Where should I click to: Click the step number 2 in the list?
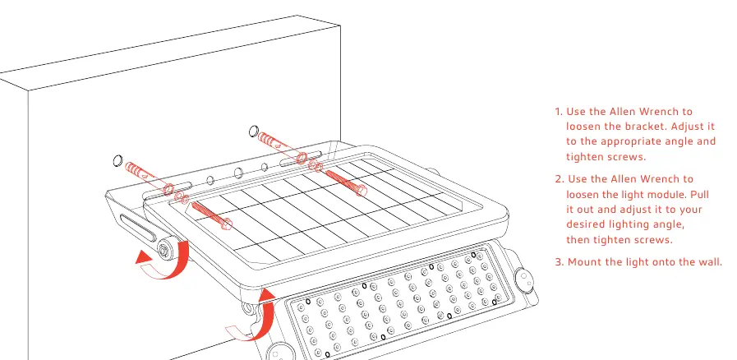(x=559, y=179)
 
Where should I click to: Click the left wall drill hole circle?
(x=118, y=161)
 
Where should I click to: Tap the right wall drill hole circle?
(x=254, y=130)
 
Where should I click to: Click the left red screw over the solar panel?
(x=211, y=215)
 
